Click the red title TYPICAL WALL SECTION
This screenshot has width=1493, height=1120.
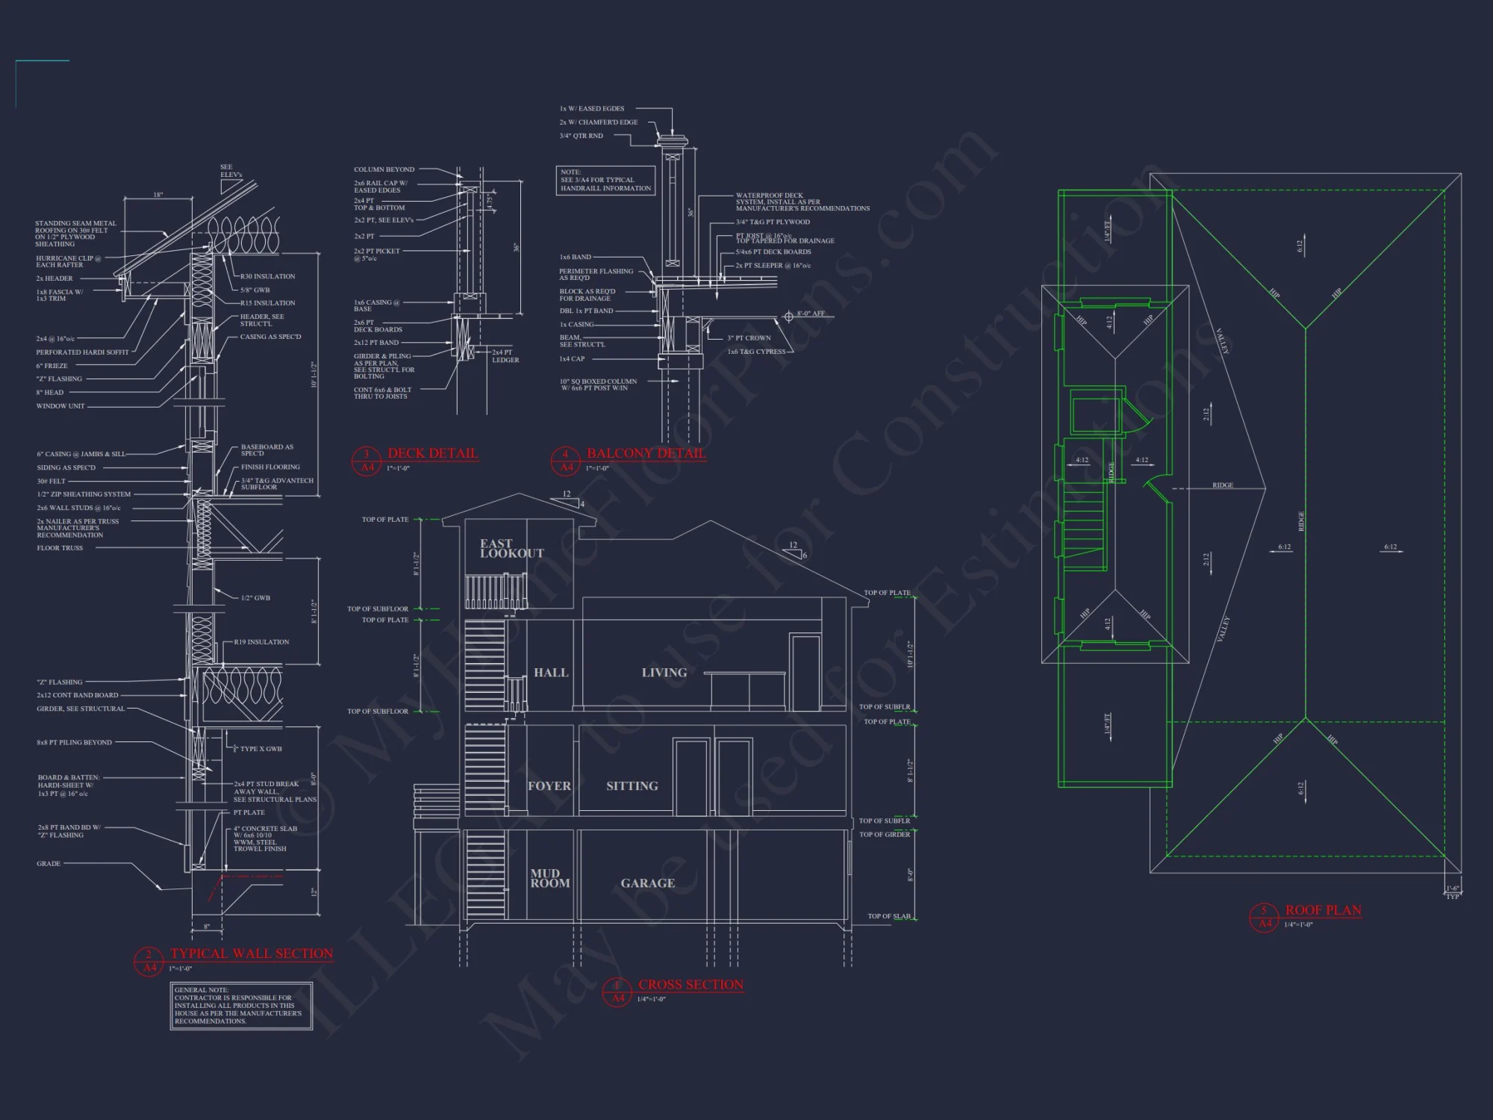(x=252, y=953)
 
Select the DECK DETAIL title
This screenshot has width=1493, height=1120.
(x=432, y=453)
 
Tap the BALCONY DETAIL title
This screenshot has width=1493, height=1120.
(x=646, y=453)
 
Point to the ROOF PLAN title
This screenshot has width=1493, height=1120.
(x=1323, y=910)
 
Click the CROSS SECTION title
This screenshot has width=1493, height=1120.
(x=691, y=985)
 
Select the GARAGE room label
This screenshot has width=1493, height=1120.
(x=647, y=883)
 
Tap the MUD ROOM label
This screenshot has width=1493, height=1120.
(x=549, y=878)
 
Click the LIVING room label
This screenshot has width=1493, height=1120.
(x=664, y=673)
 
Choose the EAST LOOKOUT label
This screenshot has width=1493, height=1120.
(x=511, y=548)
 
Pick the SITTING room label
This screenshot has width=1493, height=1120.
(x=632, y=786)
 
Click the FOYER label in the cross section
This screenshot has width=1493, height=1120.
(x=549, y=786)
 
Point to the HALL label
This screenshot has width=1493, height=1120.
(x=551, y=673)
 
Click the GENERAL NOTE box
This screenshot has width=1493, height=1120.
(x=241, y=1006)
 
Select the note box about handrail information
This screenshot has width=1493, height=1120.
(x=605, y=180)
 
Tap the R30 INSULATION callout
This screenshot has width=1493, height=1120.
(x=267, y=276)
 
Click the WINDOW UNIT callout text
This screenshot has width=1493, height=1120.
(x=60, y=406)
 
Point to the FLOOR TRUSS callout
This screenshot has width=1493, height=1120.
(x=60, y=548)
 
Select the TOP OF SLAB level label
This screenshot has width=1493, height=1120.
(x=888, y=916)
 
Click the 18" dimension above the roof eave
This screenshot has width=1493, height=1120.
(x=158, y=195)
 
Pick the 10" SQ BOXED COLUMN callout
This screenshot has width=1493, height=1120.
(x=598, y=385)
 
